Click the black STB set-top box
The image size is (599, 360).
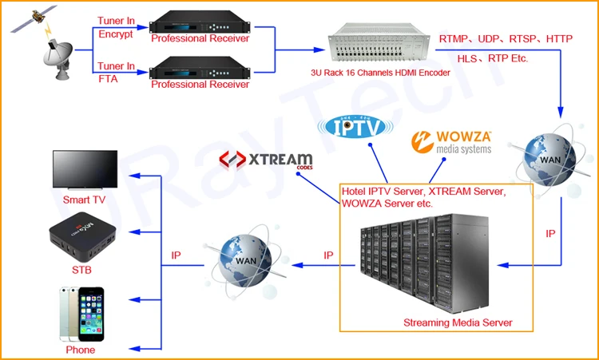click(x=80, y=239)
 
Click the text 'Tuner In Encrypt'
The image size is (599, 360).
click(x=117, y=27)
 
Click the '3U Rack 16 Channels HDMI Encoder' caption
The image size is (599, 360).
click(x=380, y=73)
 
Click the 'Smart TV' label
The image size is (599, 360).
click(x=85, y=200)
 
